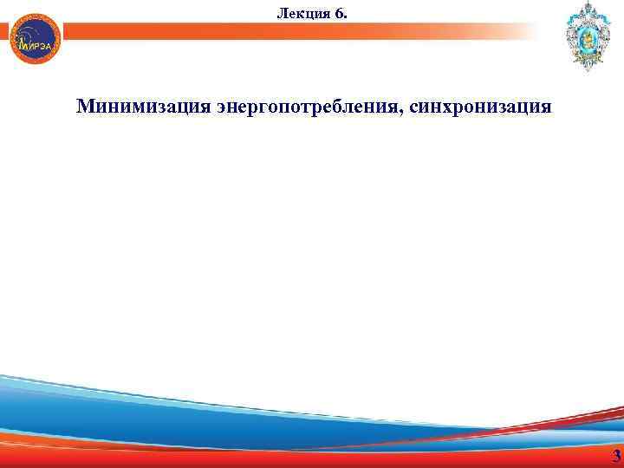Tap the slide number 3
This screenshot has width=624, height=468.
point(616,457)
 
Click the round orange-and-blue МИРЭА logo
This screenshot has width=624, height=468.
point(36,38)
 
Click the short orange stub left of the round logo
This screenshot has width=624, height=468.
point(5,31)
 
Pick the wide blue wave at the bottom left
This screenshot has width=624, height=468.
point(130,407)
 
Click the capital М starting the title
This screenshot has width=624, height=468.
point(85,107)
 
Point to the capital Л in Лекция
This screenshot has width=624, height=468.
point(281,12)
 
